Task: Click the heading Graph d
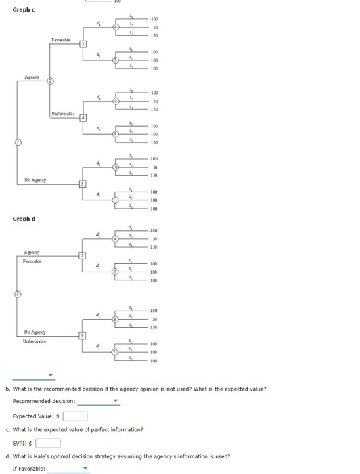point(24,219)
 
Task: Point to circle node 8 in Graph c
point(116,102)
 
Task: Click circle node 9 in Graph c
point(116,134)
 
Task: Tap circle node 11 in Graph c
point(116,200)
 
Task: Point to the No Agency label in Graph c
point(35,179)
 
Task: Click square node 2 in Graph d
point(83,255)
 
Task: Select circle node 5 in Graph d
point(116,272)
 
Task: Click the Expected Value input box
point(75,416)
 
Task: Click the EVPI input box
point(48,444)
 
